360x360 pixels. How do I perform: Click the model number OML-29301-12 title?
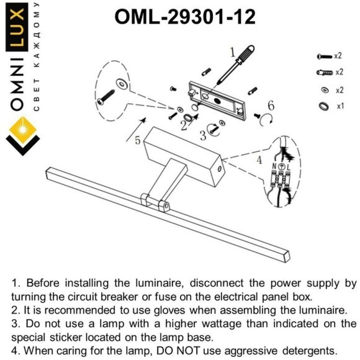185,17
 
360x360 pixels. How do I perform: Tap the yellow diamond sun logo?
23,130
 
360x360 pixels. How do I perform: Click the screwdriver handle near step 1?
245,55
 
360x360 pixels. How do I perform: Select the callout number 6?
271,106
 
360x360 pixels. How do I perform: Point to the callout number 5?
137,140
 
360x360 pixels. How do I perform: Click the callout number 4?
259,160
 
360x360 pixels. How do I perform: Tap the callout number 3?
203,135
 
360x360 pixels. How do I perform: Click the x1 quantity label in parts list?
340,106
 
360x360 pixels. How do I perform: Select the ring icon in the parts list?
324,106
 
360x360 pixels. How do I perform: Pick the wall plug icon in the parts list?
325,73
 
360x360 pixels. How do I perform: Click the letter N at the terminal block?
274,166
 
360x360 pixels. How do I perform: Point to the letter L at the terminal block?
289,167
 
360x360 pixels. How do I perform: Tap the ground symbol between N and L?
281,166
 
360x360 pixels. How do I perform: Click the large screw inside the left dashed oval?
106,97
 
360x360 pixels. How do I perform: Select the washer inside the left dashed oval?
122,84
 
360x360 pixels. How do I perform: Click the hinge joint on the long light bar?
155,202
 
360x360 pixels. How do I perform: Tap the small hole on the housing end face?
219,169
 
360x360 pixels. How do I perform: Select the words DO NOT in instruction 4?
178,351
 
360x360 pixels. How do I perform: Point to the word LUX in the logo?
17,27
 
